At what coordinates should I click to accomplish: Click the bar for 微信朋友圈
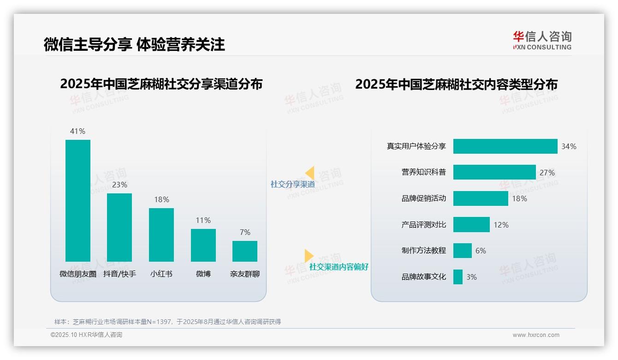pyautogui.click(x=78, y=200)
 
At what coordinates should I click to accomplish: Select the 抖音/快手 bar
pyautogui.click(x=119, y=227)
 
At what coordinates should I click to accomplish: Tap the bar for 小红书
pyautogui.click(x=161, y=234)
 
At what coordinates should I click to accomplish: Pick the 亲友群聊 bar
pyautogui.click(x=245, y=251)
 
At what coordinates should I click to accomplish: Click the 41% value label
pyautogui.click(x=77, y=131)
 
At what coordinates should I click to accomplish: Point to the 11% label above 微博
pyautogui.click(x=203, y=220)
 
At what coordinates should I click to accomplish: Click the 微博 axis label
pyautogui.click(x=203, y=274)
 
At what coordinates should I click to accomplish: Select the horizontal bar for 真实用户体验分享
pyautogui.click(x=505, y=146)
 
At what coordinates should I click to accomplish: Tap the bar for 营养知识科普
pyautogui.click(x=494, y=172)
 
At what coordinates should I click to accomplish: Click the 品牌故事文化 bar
pyautogui.click(x=458, y=277)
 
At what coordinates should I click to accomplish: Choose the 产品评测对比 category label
pyautogui.click(x=423, y=225)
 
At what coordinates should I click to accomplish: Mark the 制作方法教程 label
pyautogui.click(x=423, y=251)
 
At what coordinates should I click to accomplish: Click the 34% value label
pyautogui.click(x=569, y=146)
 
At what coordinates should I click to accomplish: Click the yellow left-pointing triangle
pyautogui.click(x=310, y=173)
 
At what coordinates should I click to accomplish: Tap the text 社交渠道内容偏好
pyautogui.click(x=339, y=267)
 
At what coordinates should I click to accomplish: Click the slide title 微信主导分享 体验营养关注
pyautogui.click(x=134, y=44)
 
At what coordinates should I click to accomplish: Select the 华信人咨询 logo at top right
pyautogui.click(x=542, y=40)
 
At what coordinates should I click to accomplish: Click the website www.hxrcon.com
pyautogui.click(x=535, y=335)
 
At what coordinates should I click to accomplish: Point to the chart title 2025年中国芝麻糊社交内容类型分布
pyautogui.click(x=456, y=84)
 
